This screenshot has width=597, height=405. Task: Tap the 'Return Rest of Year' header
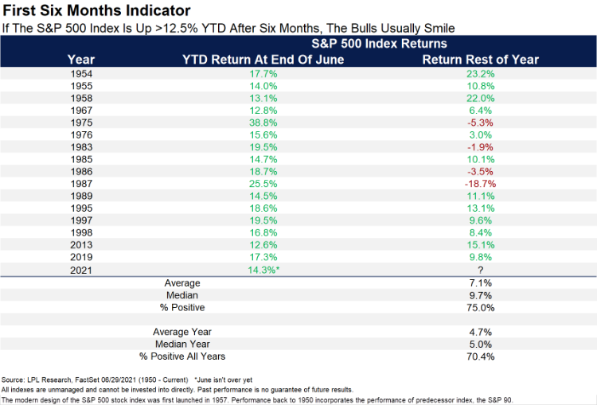[x=480, y=59]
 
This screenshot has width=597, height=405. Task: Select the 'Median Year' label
[x=182, y=344]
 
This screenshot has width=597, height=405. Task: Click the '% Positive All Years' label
[x=182, y=356]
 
